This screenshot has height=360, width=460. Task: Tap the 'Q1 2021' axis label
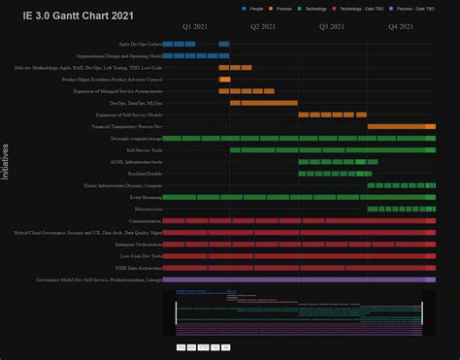pyautogui.click(x=194, y=27)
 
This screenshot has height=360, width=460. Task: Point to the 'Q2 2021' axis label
pyautogui.click(x=262, y=27)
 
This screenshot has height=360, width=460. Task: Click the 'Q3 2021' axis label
pyautogui.click(x=331, y=27)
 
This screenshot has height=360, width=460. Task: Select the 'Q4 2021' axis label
pyautogui.click(x=400, y=27)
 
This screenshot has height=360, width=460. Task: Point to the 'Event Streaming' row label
pyautogui.click(x=146, y=197)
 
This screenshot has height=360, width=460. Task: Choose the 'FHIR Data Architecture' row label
pyautogui.click(x=138, y=267)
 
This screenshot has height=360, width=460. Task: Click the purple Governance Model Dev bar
pyautogui.click(x=299, y=279)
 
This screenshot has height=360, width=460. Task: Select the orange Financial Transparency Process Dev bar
pyautogui.click(x=401, y=127)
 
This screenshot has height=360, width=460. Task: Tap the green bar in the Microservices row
pyautogui.click(x=401, y=209)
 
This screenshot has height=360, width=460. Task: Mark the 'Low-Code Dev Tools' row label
pyautogui.click(x=142, y=255)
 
